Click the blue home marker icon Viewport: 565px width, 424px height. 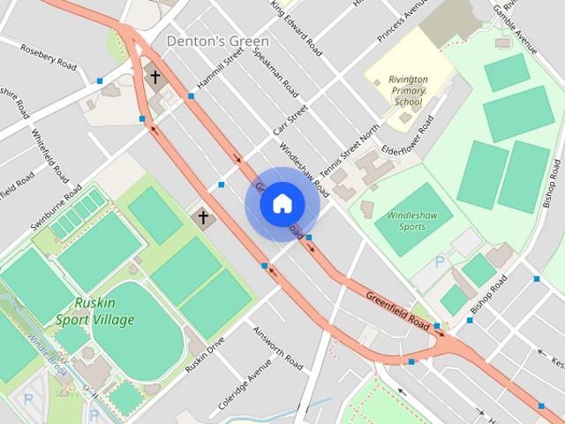click(x=281, y=203)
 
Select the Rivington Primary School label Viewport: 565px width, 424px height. click(x=407, y=90)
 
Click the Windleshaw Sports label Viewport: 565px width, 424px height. click(x=405, y=221)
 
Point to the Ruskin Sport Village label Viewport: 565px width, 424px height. click(x=94, y=311)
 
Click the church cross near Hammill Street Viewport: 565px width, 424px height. click(x=155, y=78)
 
